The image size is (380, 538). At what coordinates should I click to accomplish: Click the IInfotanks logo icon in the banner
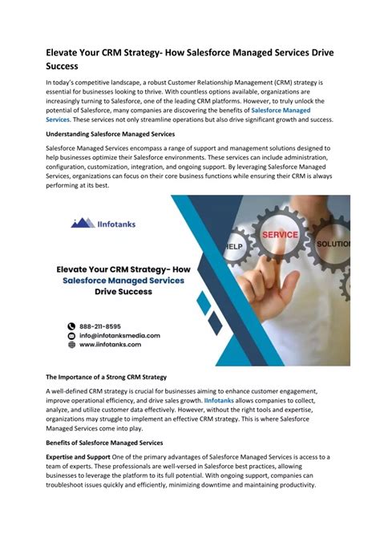pos(83,222)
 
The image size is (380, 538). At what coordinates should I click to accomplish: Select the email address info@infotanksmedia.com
pos(119,335)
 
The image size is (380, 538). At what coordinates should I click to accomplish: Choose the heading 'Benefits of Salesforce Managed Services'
pos(104,443)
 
